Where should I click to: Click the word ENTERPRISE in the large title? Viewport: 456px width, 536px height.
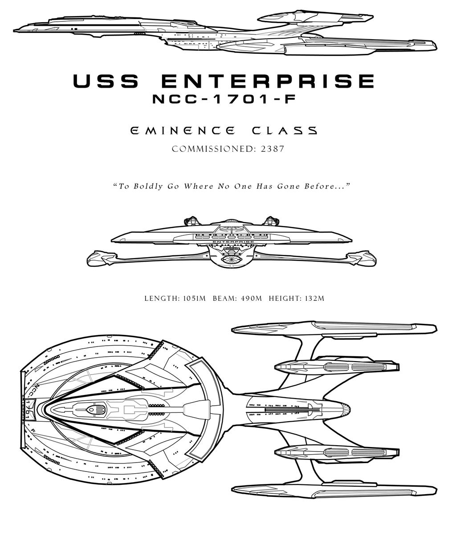pos(268,81)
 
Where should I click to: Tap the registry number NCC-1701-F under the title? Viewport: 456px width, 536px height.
pos(224,99)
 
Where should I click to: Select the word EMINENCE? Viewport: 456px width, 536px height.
pos(182,130)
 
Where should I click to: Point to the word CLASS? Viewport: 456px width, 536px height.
pos(285,130)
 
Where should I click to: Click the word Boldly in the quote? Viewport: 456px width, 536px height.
pos(148,186)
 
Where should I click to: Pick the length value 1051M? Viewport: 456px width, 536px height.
pos(194,298)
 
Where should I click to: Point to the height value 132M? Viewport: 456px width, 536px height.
pos(314,298)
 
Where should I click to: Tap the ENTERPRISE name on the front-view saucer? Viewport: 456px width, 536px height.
pos(233,242)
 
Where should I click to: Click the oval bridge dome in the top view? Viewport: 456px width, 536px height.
pos(91,410)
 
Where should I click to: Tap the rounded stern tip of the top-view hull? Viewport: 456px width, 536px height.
pos(347,410)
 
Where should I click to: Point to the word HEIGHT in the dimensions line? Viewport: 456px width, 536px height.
pos(285,298)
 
